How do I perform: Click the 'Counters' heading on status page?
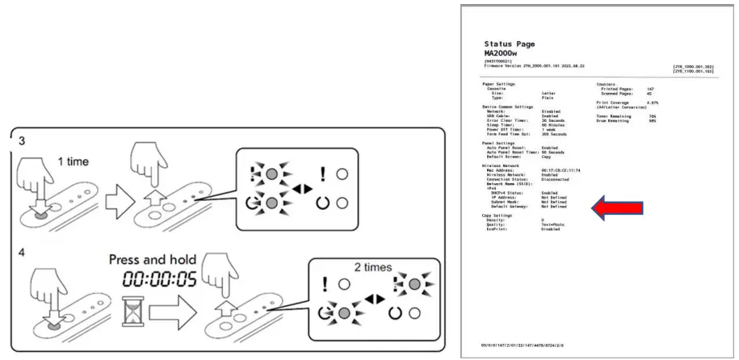tap(607, 83)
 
